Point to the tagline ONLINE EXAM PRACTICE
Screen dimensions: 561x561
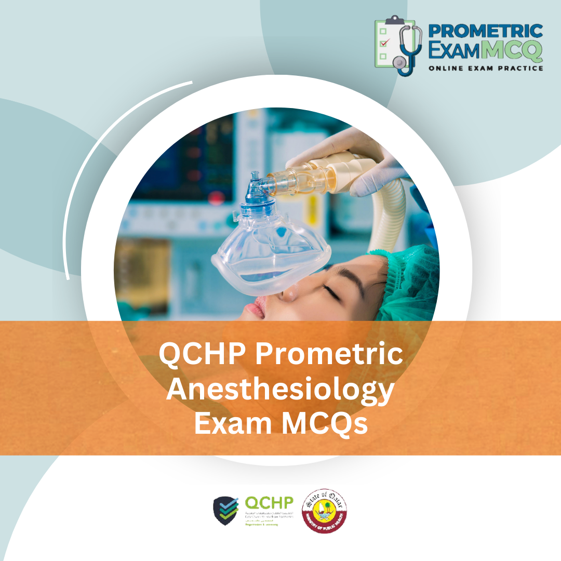click(486, 68)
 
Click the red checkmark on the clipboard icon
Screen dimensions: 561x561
click(384, 43)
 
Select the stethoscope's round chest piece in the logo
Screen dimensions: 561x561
click(399, 63)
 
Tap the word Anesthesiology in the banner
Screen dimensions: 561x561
click(280, 390)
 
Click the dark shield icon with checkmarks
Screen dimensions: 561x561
click(226, 511)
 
